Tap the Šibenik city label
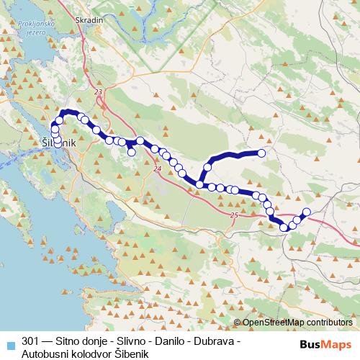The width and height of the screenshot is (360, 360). [x=59, y=144]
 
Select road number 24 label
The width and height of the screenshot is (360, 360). [x=156, y=169]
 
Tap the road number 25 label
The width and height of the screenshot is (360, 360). [x=234, y=215]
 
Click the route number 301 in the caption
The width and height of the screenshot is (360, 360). [x=31, y=341]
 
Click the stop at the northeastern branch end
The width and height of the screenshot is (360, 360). [x=261, y=153]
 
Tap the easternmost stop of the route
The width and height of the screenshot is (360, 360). [x=306, y=212]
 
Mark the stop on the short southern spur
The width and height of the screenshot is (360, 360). [x=132, y=152]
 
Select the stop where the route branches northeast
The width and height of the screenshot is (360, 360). [x=199, y=185]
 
